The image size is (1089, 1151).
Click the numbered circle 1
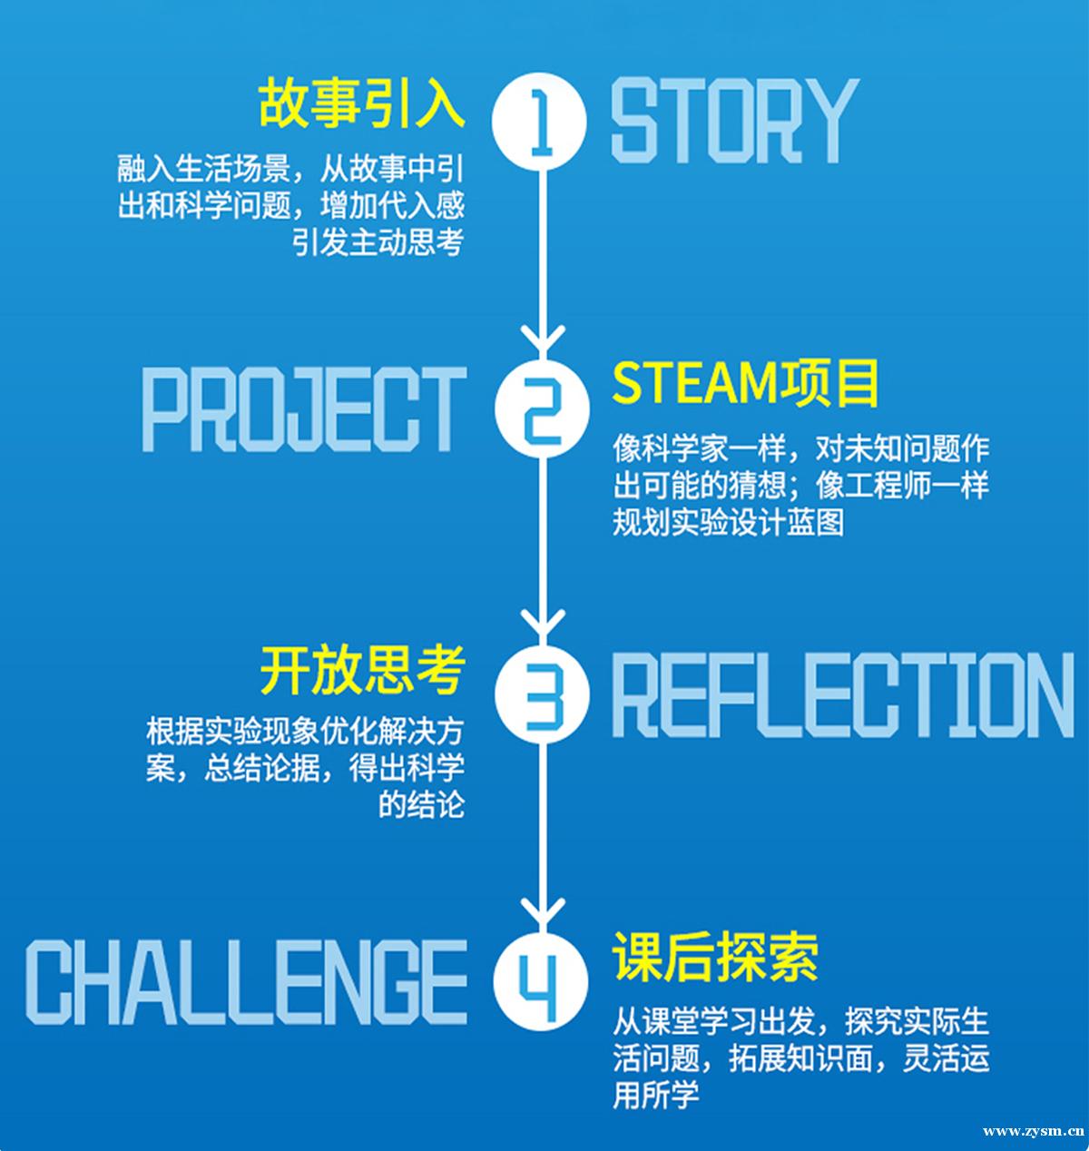(539, 122)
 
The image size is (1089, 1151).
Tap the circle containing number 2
(542, 408)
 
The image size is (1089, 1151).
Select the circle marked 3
(542, 694)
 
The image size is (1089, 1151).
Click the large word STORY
(735, 121)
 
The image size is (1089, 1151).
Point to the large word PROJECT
(304, 408)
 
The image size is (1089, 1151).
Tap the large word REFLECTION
(843, 695)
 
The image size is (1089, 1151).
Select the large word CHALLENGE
(247, 981)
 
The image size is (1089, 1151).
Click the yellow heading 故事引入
(361, 103)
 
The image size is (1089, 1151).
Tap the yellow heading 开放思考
(362, 670)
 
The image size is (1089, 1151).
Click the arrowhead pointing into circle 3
(543, 625)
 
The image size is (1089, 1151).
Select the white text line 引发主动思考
(378, 241)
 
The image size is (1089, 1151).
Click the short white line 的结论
(422, 804)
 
